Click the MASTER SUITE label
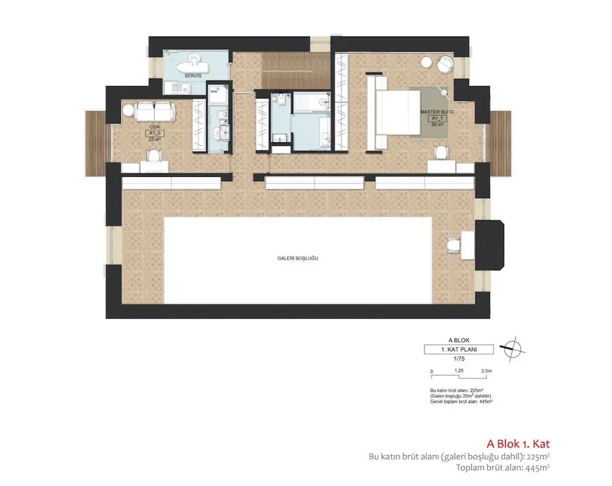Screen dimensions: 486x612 (438, 112)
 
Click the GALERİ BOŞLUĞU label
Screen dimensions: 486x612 (301, 259)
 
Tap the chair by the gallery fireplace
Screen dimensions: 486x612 (455, 245)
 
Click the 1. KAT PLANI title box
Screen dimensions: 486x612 (458, 350)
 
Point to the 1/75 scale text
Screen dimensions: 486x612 (458, 359)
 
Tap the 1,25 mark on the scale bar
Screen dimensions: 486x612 (459, 370)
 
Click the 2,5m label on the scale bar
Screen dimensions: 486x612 (486, 370)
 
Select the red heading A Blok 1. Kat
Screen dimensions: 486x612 (518, 444)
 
